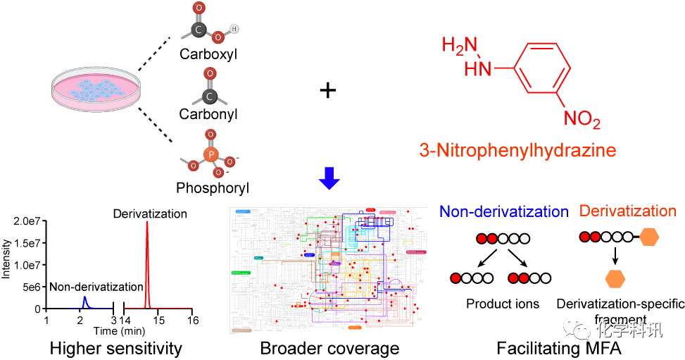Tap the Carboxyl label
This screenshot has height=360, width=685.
coord(208,54)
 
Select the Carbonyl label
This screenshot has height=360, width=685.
coord(208,113)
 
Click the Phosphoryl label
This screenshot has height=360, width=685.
coord(213,188)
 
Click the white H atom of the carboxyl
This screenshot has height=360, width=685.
coord(234,30)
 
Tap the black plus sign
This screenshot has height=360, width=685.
coord(328,91)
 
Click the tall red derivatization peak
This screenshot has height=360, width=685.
coord(147,268)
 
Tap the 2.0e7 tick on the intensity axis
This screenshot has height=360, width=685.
coord(27,221)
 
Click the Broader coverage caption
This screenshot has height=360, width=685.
coord(329,348)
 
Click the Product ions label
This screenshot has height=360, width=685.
coord(502,304)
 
